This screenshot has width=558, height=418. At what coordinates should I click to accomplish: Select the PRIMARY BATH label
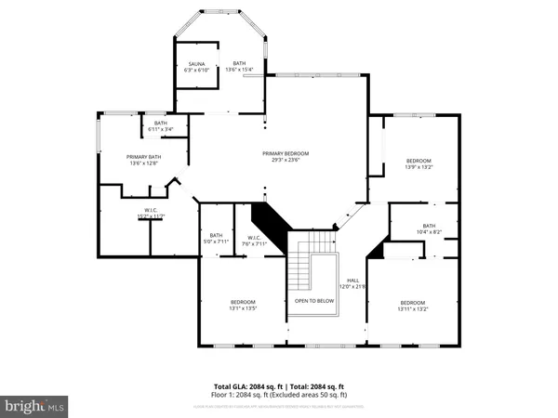pyautogui.click(x=144, y=157)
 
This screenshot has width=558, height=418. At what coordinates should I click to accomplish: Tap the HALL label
pyautogui.click(x=353, y=280)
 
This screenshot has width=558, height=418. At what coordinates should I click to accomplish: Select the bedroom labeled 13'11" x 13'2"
pyautogui.click(x=412, y=303)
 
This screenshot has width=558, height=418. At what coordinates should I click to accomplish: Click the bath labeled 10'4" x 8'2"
pyautogui.click(x=428, y=229)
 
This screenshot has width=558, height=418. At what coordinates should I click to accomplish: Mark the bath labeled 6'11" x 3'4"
pyautogui.click(x=161, y=126)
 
